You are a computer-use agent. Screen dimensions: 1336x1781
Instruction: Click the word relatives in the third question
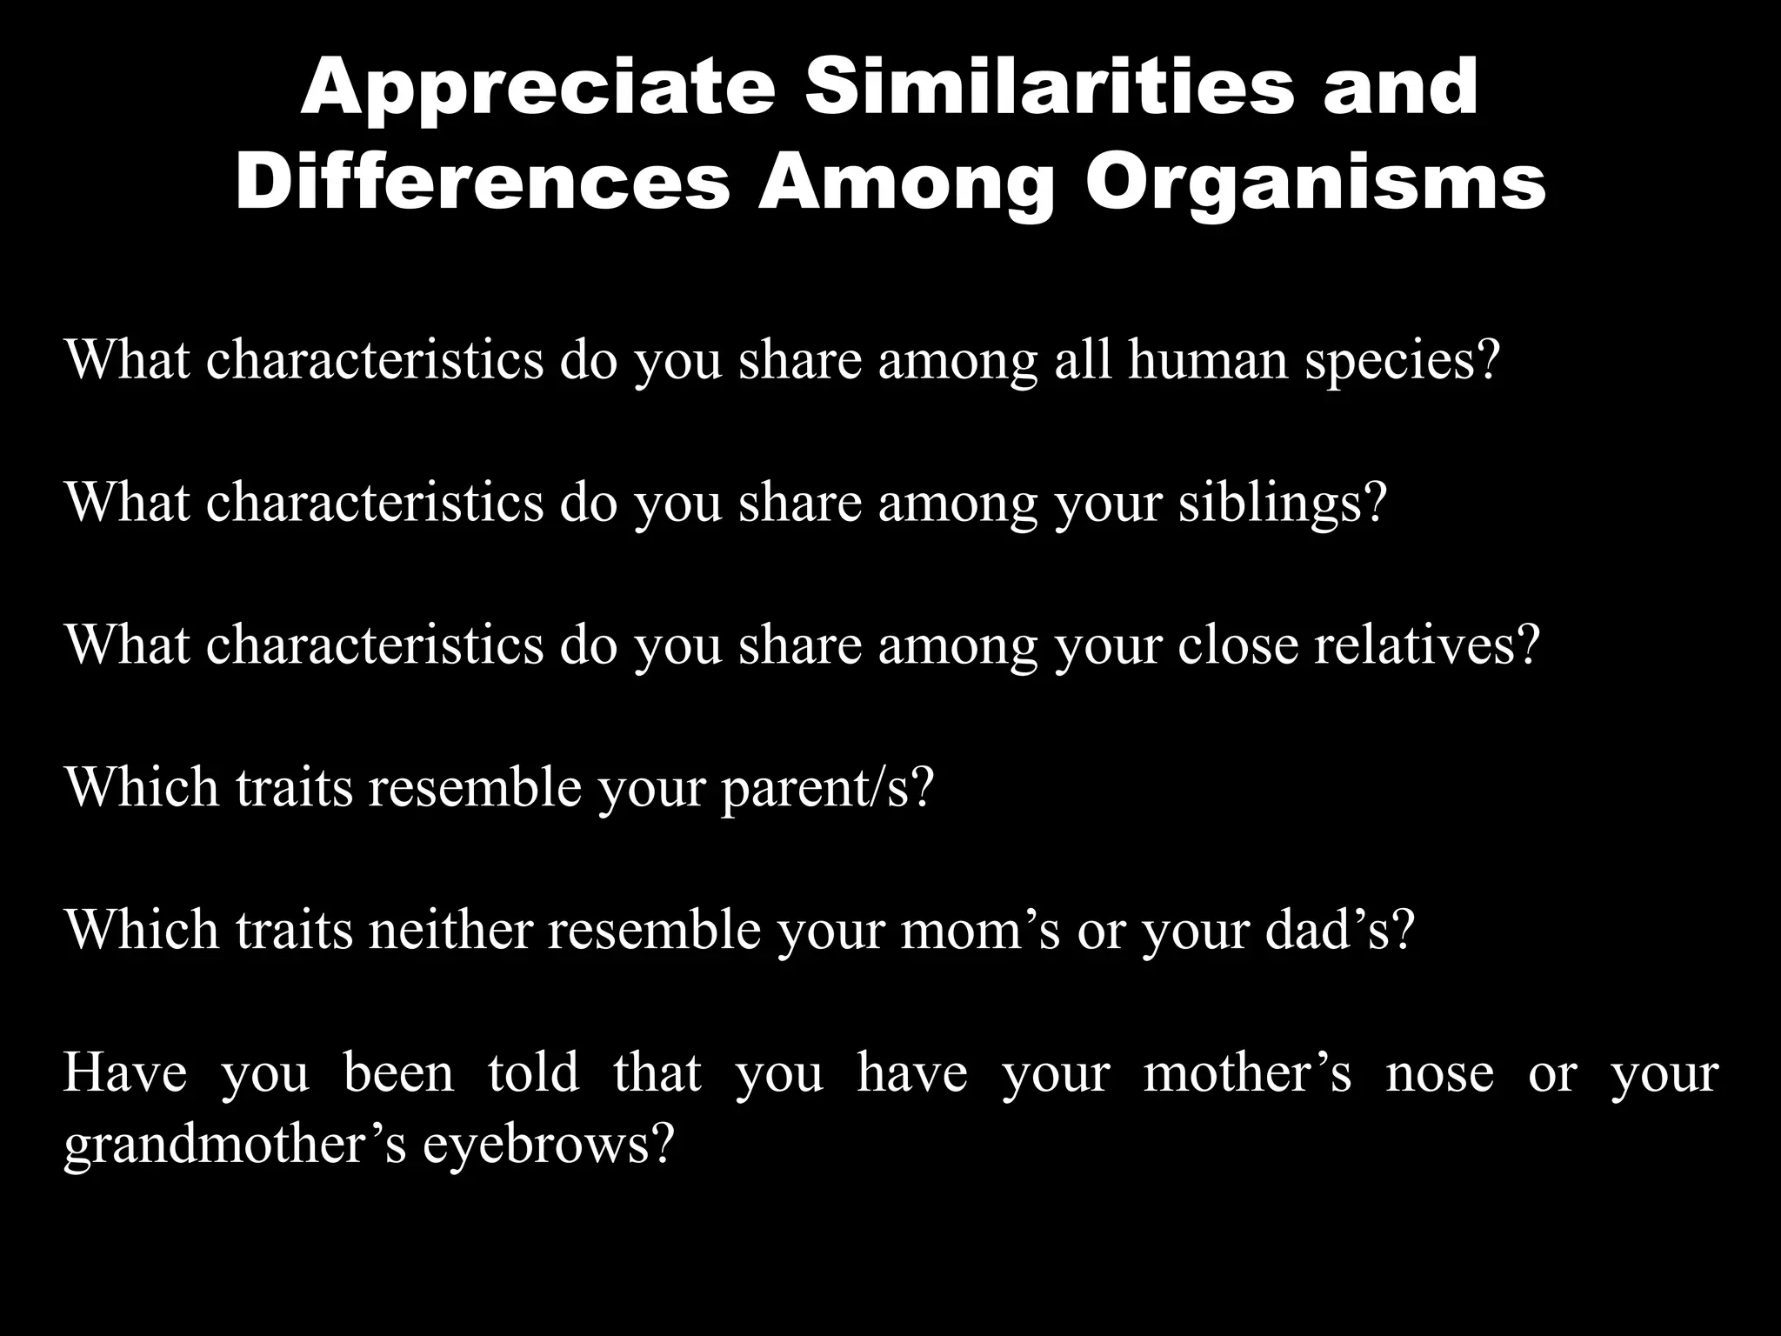tap(1426, 645)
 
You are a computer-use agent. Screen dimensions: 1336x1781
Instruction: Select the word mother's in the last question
tap(1247, 1072)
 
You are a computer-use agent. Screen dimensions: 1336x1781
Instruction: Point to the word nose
tap(1440, 1072)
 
